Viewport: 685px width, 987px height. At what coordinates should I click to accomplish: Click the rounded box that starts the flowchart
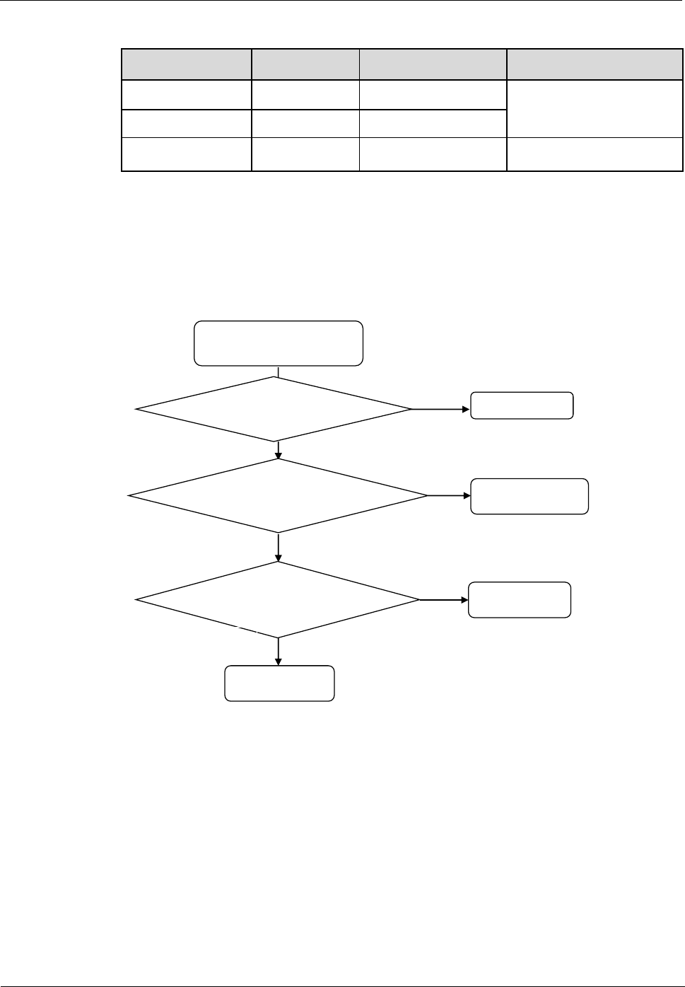point(279,343)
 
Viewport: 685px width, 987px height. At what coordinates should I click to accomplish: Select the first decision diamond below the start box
point(274,409)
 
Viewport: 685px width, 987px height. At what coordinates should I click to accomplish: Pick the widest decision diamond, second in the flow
point(279,496)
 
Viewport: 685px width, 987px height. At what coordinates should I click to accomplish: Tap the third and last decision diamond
point(279,600)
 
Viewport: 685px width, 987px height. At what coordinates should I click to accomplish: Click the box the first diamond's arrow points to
point(522,405)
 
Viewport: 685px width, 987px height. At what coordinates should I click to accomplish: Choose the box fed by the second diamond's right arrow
point(529,496)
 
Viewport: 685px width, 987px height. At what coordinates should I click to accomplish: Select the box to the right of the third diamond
point(520,600)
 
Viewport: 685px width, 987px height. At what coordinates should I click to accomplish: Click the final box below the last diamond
point(279,683)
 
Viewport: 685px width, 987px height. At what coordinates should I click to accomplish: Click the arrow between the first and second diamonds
point(279,450)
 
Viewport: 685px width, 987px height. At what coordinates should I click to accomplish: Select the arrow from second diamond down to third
point(279,547)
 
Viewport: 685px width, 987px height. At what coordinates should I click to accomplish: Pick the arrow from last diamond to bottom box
point(279,652)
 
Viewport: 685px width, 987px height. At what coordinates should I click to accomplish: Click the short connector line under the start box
point(279,371)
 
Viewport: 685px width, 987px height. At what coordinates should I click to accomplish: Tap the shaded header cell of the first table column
point(187,64)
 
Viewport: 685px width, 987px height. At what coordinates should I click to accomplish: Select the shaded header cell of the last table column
point(595,64)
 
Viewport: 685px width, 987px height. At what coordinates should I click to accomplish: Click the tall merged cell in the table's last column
point(595,109)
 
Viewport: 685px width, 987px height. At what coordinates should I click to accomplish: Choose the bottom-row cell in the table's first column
point(187,155)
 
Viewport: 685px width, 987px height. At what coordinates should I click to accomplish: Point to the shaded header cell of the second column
point(305,64)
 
